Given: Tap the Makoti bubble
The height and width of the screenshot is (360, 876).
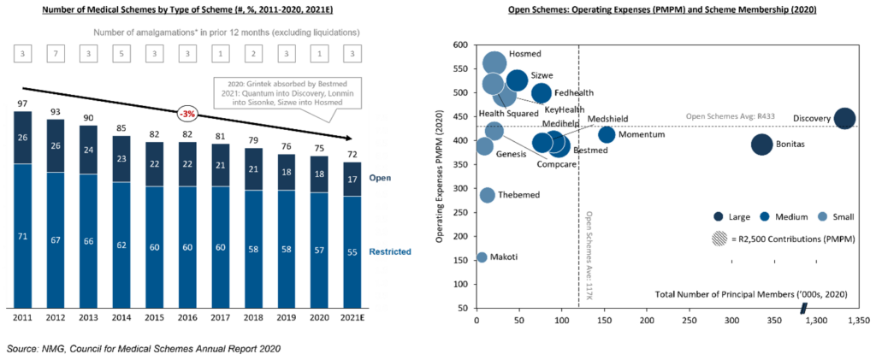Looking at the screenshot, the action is [482, 257].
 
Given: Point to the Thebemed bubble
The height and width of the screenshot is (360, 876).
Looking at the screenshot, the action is [488, 195].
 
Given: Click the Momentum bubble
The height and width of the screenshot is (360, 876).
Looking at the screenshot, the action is [607, 134].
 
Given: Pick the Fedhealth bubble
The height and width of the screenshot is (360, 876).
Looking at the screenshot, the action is [542, 93].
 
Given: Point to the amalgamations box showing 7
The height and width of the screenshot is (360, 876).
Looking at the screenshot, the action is [58, 55].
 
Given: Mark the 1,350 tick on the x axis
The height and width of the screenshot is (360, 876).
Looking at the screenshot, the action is [855, 321].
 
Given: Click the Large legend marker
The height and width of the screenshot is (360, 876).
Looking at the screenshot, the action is [719, 216].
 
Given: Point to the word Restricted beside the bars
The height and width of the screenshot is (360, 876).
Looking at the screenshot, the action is [391, 251].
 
